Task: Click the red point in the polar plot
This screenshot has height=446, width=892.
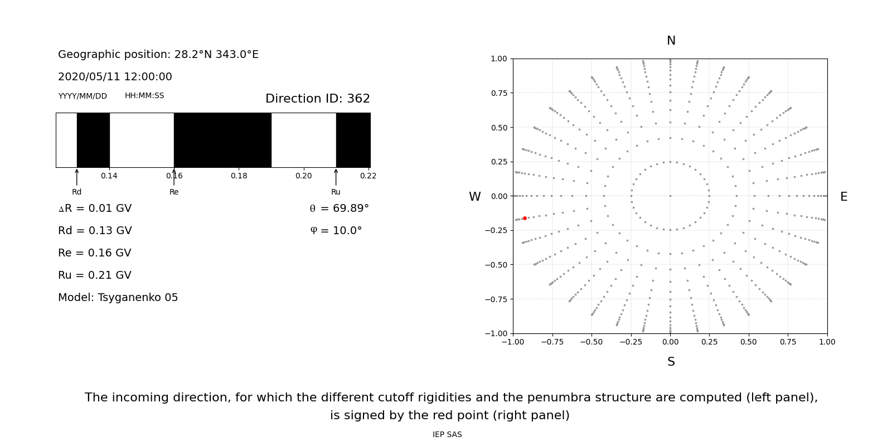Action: point(525,218)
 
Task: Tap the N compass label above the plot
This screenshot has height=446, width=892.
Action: point(671,41)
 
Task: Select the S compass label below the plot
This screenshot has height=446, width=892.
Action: point(671,362)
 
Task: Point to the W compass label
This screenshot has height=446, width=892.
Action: point(474,197)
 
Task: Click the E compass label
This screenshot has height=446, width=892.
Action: point(843,197)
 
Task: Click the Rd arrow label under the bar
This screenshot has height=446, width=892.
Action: point(76,192)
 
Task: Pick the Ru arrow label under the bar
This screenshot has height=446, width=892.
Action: point(336,192)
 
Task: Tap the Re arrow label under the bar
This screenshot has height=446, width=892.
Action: point(174,192)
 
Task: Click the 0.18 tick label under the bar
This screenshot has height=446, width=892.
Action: point(239,176)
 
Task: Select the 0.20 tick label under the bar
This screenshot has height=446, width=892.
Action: point(303,176)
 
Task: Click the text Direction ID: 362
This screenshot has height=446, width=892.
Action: point(317,99)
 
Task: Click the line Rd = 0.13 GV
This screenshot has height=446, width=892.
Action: point(95,231)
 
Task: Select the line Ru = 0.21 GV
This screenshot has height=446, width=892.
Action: point(95,275)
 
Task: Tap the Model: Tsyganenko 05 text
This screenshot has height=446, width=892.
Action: point(118,298)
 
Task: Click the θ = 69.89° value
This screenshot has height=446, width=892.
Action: point(339,209)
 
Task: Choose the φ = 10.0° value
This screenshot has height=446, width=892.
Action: point(336,231)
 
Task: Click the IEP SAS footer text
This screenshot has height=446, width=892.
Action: point(447,434)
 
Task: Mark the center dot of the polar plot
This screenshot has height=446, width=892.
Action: point(670,196)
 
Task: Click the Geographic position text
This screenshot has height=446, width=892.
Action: point(158,55)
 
